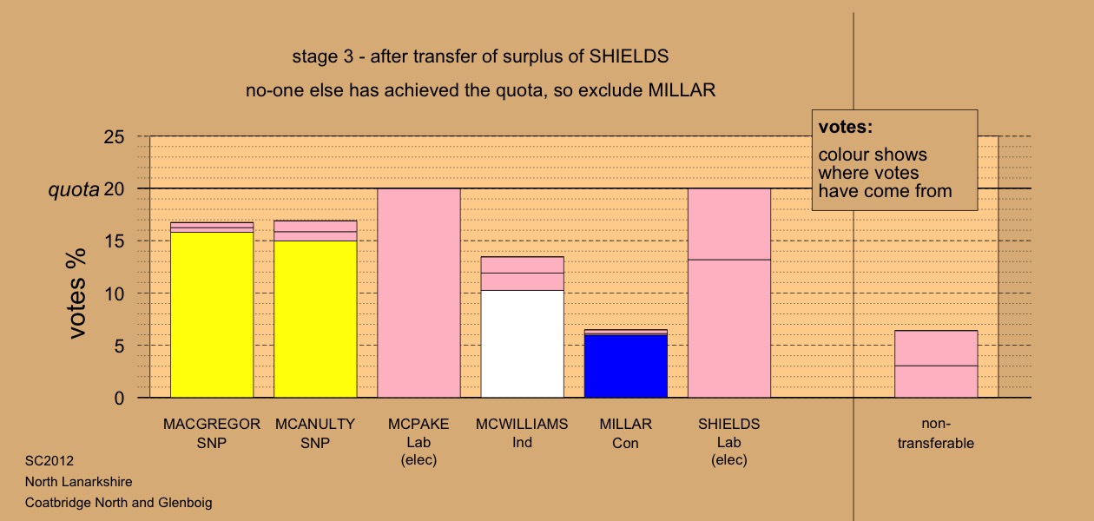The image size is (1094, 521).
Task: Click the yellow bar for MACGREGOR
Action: click(212, 315)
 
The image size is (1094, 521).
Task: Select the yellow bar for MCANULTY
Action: click(315, 320)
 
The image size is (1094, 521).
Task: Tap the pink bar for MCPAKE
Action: click(419, 293)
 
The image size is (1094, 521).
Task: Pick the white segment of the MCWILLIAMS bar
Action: click(523, 344)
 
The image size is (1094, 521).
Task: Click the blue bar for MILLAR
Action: click(626, 366)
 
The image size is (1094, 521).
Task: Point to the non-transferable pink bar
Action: click(936, 364)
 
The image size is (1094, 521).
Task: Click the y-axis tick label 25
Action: click(114, 136)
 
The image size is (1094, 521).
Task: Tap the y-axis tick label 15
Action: click(114, 241)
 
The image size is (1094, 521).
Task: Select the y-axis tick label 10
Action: click(114, 294)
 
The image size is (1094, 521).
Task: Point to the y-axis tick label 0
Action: click(119, 399)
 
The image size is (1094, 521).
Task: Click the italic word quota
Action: click(74, 190)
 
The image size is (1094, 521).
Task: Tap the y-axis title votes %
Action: click(77, 293)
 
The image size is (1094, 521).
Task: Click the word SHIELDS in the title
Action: click(629, 56)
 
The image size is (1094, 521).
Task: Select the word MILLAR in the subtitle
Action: click(682, 90)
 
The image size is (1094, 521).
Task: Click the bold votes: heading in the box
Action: click(846, 127)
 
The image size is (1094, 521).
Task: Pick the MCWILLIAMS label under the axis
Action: click(522, 424)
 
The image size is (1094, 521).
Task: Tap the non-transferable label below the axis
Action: click(936, 433)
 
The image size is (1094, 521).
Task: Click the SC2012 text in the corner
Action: click(49, 460)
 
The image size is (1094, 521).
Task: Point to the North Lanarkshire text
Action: click(79, 481)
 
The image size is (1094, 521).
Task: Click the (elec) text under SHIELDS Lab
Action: click(729, 460)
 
